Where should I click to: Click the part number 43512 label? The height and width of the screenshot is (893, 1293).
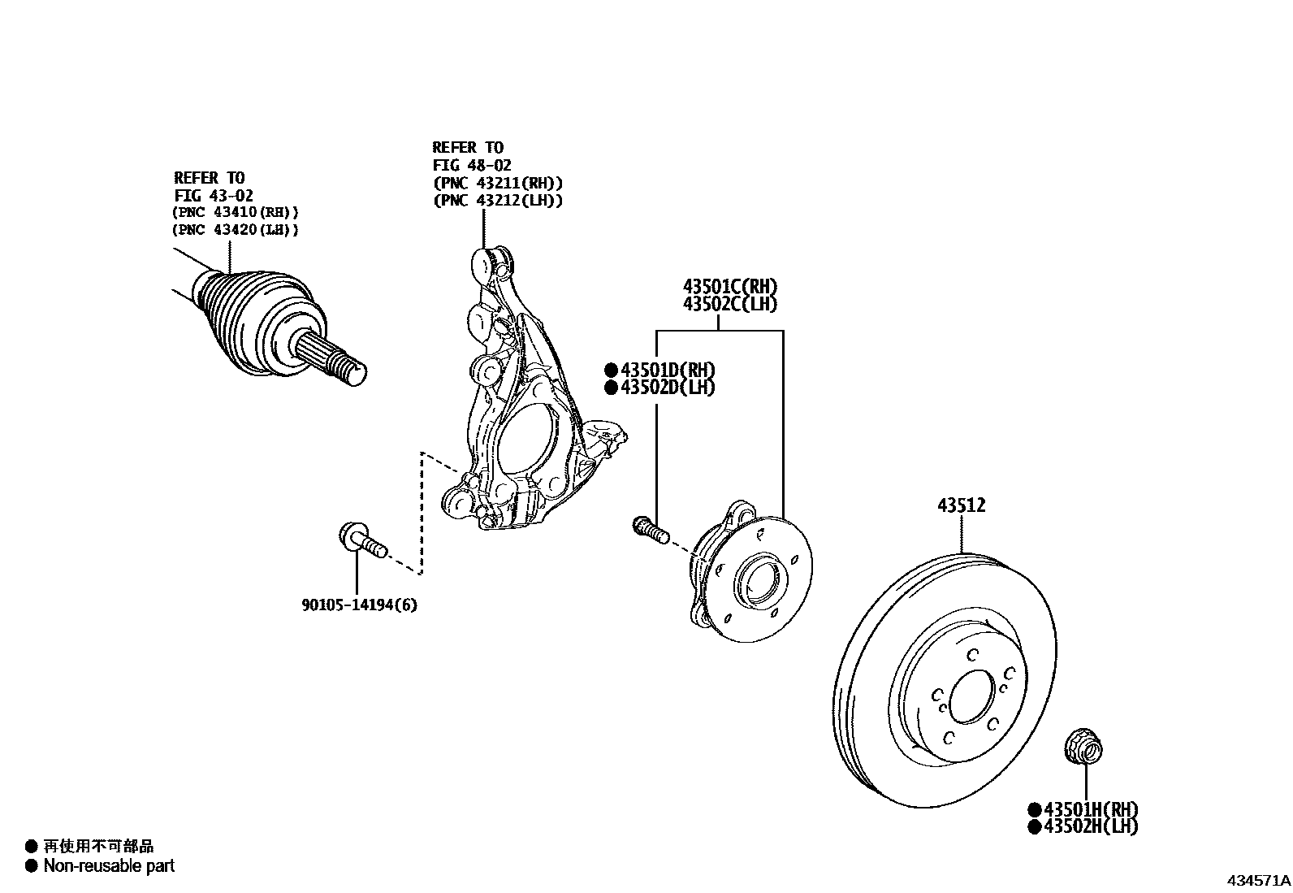tap(961, 505)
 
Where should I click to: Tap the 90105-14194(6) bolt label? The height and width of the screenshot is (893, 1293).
tap(359, 605)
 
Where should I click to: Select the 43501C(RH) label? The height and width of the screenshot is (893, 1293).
tap(730, 287)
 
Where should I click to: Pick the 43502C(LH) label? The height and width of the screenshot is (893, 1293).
tap(730, 305)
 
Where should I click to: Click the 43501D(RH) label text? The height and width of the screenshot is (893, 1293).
tap(668, 371)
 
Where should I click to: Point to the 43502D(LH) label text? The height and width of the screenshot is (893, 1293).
tap(668, 388)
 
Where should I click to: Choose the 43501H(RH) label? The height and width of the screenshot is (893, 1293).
tap(1091, 809)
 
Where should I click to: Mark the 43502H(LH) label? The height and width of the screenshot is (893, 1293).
tap(1091, 826)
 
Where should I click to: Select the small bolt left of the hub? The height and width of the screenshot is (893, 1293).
tap(649, 529)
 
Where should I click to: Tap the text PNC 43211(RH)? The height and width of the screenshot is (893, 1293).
tap(498, 184)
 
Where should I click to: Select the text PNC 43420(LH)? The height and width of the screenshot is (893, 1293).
tap(236, 230)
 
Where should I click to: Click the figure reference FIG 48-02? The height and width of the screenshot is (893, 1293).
tap(472, 166)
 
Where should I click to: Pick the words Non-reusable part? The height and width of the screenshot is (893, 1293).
tap(109, 866)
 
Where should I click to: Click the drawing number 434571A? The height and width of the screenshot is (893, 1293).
tap(1258, 881)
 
